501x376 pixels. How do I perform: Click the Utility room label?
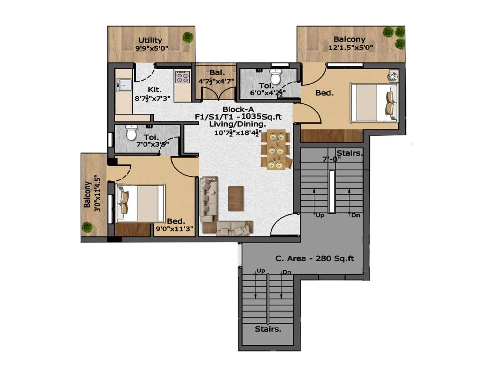[150, 40]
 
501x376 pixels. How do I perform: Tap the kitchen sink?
[124, 84]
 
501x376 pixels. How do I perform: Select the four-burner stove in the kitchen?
[183, 77]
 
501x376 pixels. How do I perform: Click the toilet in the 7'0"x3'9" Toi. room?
[131, 133]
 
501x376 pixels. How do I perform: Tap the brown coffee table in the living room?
[236, 198]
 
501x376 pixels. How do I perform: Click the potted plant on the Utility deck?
[188, 37]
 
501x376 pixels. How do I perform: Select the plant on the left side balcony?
[87, 227]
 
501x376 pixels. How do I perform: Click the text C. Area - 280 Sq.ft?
[314, 258]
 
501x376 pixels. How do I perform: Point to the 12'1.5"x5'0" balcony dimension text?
[350, 48]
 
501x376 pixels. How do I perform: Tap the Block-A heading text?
[238, 109]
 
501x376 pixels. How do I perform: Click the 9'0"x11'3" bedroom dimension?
[174, 229]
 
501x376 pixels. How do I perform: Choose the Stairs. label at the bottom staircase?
[268, 329]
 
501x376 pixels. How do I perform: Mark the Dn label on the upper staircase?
[355, 215]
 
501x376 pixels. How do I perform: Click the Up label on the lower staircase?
[261, 271]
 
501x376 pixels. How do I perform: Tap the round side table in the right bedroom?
[392, 76]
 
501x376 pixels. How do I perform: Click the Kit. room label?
[154, 90]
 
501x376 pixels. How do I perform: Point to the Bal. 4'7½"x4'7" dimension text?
[216, 81]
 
